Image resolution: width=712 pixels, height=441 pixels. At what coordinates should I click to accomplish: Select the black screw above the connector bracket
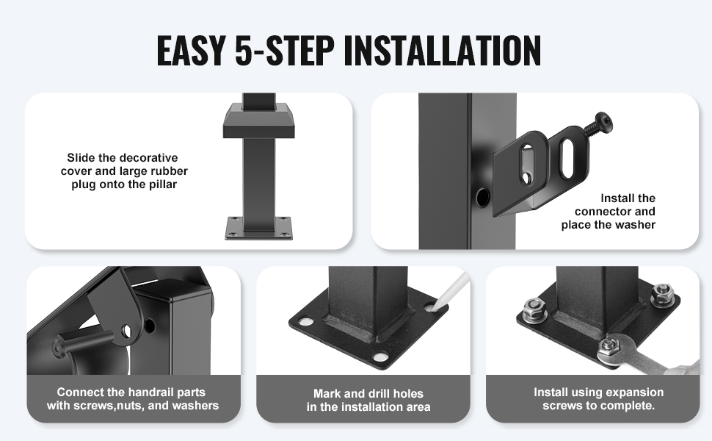click(x=597, y=123)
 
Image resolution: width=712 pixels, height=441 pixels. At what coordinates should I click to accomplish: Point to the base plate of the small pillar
click(x=259, y=228)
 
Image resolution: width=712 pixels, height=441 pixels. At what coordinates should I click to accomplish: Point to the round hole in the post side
click(x=482, y=196)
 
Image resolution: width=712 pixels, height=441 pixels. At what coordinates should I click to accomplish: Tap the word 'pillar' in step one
click(x=163, y=184)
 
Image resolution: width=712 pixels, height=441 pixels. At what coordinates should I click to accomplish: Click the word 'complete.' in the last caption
click(x=633, y=406)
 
